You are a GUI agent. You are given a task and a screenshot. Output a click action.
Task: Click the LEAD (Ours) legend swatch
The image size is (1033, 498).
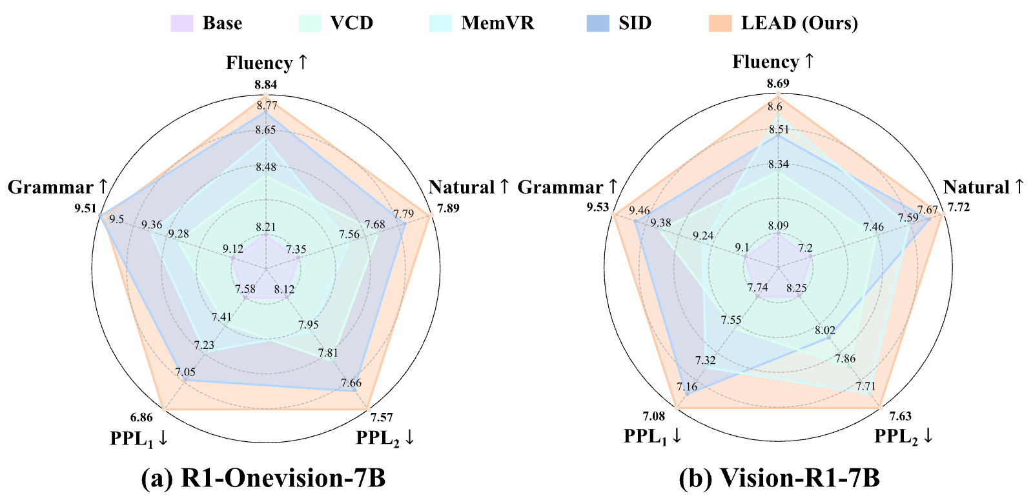721,23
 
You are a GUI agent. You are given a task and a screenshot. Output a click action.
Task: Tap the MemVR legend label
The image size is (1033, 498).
498,23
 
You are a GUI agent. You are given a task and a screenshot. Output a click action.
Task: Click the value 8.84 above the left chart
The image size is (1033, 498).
265,85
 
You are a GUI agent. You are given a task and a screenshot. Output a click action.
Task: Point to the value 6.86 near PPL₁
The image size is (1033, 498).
141,417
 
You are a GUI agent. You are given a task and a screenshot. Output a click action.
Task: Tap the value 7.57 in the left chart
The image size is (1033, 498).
382,417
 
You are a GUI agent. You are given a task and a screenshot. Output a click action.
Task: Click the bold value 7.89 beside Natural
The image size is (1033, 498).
448,208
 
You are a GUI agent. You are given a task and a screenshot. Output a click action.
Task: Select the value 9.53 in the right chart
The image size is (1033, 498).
598,207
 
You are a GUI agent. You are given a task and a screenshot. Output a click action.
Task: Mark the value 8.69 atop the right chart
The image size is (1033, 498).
778,83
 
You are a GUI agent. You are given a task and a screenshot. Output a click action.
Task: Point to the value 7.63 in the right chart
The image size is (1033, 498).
900,417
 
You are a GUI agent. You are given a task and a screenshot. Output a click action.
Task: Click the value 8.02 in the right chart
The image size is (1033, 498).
825,330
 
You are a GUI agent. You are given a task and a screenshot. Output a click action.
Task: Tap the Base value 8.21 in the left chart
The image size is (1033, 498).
265,226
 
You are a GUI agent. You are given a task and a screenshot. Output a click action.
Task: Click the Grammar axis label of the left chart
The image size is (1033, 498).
57,187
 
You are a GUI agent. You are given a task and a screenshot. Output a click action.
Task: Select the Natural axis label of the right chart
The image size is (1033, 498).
983,187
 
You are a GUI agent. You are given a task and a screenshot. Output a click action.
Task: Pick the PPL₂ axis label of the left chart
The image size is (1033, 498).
385,438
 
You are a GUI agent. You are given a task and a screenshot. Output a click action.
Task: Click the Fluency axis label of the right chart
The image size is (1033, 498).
773,62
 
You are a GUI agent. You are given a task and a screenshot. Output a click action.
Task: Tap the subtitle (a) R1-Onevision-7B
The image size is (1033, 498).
263,478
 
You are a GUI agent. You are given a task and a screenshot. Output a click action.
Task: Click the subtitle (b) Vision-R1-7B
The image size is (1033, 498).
779,478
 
